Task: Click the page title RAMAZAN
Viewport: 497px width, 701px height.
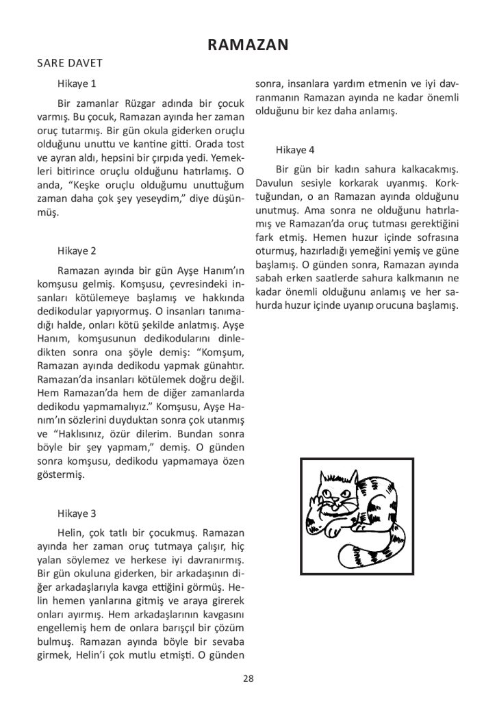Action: (248, 45)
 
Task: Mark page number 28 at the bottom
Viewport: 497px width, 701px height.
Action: (248, 678)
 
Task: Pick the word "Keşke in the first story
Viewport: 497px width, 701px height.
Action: (84, 185)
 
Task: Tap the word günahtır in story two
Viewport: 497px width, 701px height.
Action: (223, 366)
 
